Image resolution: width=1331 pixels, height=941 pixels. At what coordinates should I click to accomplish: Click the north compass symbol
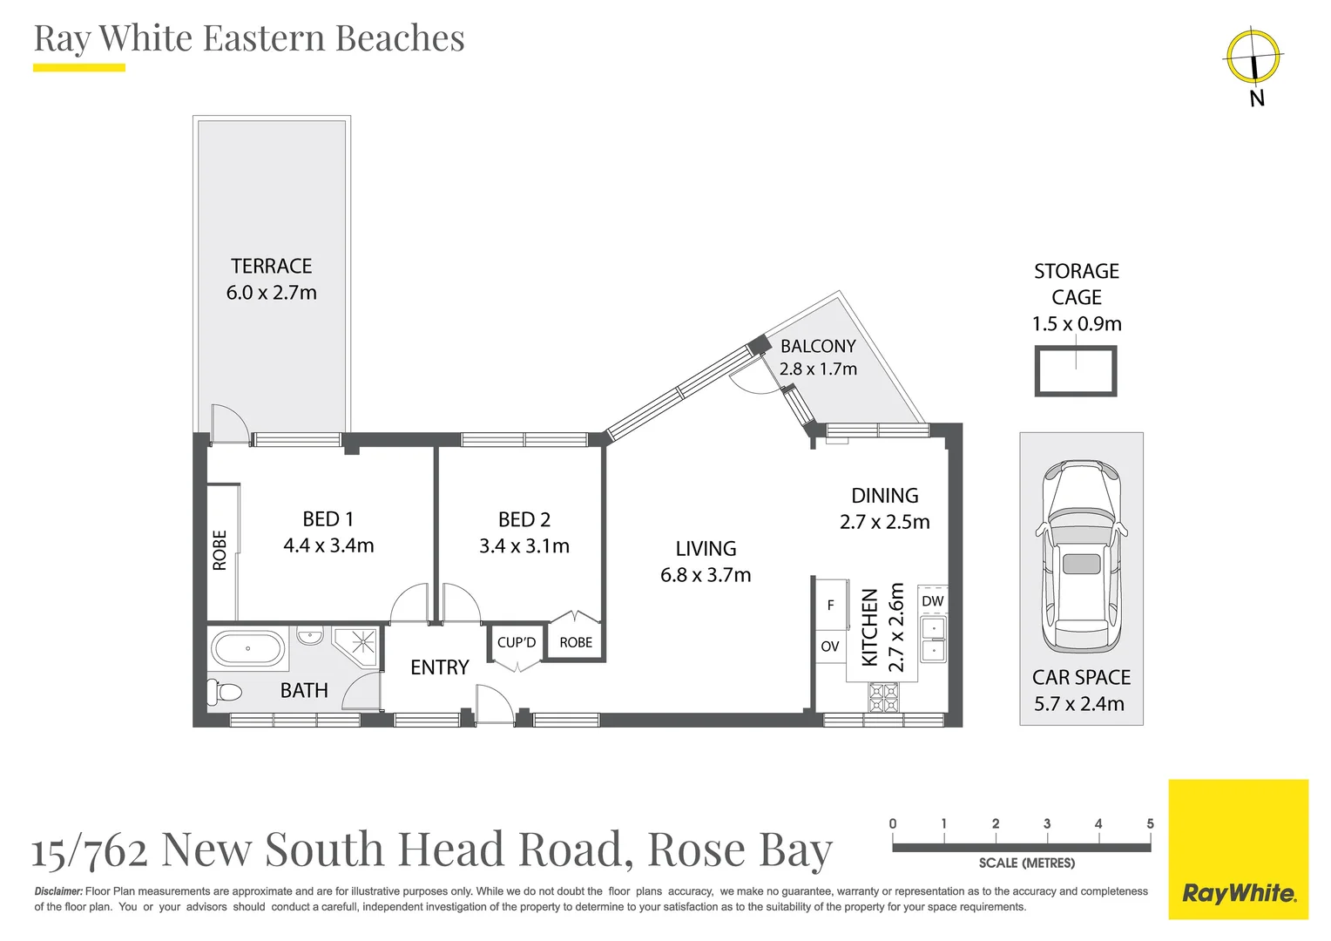tap(1253, 57)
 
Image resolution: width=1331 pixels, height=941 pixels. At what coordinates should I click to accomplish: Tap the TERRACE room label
tap(271, 266)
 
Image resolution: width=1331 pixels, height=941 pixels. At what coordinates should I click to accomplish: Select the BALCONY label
tap(818, 346)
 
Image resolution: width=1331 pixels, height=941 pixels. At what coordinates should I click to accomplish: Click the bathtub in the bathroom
tap(248, 649)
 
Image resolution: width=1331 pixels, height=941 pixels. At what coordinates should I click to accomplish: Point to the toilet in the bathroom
tap(225, 693)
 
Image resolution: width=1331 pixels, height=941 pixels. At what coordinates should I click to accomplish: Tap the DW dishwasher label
tap(932, 601)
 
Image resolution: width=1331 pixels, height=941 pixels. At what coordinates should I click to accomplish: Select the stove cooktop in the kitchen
tap(883, 697)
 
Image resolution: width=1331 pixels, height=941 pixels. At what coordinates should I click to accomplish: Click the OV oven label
tap(829, 647)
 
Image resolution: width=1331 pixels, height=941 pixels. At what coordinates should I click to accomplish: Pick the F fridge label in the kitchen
tap(830, 605)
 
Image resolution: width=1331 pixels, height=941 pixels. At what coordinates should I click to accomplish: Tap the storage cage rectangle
tap(1076, 372)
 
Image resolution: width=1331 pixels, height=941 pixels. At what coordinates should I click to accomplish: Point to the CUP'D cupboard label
tap(517, 642)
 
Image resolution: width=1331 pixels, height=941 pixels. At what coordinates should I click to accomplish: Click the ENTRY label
tap(440, 667)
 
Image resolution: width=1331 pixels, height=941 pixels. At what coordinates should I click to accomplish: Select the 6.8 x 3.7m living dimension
tap(706, 575)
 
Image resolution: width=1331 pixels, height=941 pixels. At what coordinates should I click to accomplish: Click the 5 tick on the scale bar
tap(1150, 824)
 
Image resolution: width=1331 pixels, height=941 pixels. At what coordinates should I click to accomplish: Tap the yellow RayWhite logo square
tap(1238, 850)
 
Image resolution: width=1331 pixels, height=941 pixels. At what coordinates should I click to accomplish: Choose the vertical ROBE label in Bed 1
tap(220, 551)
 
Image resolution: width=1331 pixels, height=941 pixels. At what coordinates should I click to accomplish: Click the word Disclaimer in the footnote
tap(58, 891)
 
